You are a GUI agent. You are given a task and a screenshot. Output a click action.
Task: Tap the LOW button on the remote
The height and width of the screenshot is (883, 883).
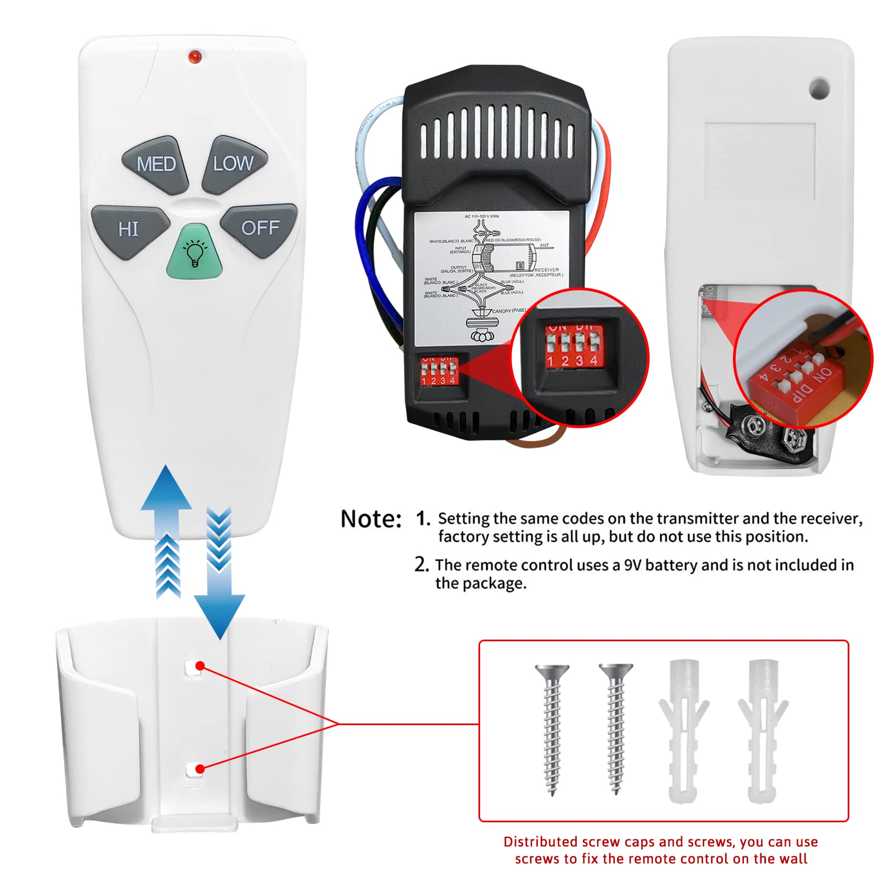pyautogui.click(x=235, y=164)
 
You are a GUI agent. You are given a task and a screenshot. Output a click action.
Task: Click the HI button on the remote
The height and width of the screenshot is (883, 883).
pyautogui.click(x=129, y=229)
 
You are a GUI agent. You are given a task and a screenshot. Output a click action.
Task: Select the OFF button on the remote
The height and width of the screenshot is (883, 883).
pyautogui.click(x=259, y=227)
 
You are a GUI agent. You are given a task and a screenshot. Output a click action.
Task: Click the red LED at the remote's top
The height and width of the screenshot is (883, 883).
pyautogui.click(x=194, y=57)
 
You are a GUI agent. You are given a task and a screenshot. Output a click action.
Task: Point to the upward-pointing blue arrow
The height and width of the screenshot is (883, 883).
pyautogui.click(x=167, y=530)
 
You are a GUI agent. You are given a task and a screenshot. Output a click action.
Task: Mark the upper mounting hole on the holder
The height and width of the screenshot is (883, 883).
pyautogui.click(x=192, y=668)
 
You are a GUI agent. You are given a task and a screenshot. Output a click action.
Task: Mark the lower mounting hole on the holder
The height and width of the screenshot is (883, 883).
pyautogui.click(x=193, y=770)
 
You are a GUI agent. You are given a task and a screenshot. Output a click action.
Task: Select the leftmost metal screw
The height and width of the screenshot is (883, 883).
pyautogui.click(x=552, y=728)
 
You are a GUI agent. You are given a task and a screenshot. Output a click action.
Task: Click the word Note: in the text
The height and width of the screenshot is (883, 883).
pyautogui.click(x=371, y=519)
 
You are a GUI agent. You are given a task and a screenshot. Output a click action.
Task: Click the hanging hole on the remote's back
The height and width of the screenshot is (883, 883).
pyautogui.click(x=819, y=88)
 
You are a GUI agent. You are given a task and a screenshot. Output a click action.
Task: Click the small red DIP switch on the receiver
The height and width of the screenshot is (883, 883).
pyautogui.click(x=438, y=371)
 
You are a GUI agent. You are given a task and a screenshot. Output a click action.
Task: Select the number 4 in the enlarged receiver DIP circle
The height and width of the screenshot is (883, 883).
pyautogui.click(x=594, y=361)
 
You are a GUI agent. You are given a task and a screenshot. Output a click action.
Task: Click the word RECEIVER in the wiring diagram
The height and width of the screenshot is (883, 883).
pyautogui.click(x=546, y=270)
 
